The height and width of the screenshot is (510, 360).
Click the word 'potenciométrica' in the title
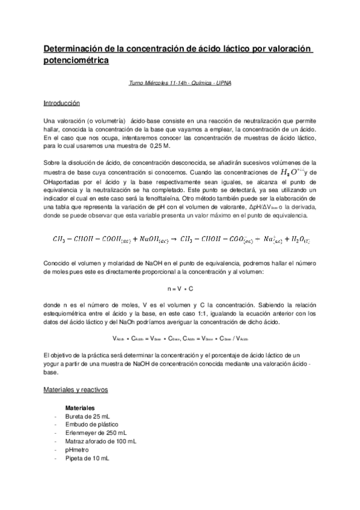76,60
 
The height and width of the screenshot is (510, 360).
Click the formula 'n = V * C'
180,289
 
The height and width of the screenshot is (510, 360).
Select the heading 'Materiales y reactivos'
76,390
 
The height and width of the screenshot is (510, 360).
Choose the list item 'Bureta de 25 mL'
88,416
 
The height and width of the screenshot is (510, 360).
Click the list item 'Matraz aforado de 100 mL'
100,441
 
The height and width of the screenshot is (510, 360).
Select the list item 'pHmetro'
77,450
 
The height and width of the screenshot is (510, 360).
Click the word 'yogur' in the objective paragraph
53,364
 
